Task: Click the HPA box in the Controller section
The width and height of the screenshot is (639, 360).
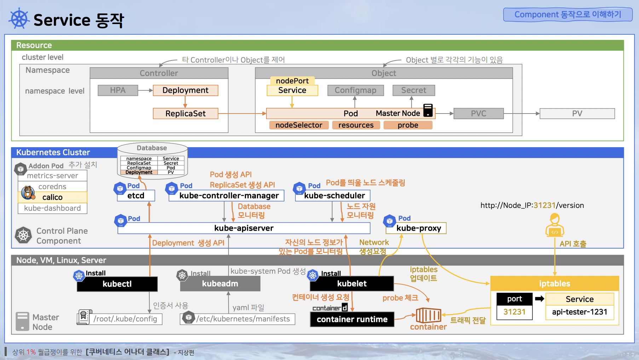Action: pos(118,90)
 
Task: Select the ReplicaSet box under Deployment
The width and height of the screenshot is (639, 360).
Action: pos(185,114)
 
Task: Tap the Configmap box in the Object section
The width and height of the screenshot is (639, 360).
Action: pos(355,90)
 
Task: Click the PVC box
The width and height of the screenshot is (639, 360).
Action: pos(478,114)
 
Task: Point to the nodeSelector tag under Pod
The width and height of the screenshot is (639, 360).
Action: pos(299,125)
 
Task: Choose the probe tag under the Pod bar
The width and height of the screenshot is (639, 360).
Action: pos(408,125)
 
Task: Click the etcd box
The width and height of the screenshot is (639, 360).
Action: pos(136,196)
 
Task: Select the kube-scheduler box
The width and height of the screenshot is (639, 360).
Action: pos(334,196)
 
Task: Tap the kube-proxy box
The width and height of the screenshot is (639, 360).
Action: pos(419,228)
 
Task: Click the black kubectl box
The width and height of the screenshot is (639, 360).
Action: pos(117,284)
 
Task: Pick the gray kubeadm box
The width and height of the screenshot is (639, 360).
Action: pos(220,284)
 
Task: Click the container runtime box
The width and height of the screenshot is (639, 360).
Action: pos(352,319)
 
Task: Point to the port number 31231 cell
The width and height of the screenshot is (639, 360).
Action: pos(514,312)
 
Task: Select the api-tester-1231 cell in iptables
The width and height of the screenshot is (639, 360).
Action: pos(580,312)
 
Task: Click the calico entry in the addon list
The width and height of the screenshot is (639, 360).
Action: pos(52,197)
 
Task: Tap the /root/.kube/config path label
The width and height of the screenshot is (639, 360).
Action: pos(125,319)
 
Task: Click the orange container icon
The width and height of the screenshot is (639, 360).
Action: pos(428,315)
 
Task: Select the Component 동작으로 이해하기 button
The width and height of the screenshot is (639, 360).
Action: pos(568,14)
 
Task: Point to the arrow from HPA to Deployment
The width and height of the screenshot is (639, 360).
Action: pos(145,91)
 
